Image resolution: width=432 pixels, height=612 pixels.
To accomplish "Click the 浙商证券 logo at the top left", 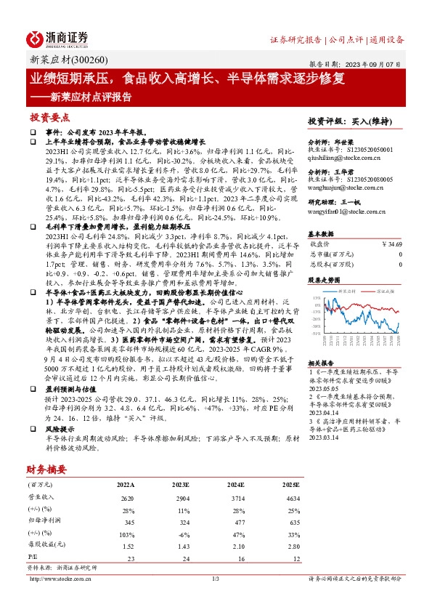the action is click(x=57, y=39).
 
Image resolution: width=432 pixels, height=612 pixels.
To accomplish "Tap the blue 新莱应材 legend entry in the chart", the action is click(x=350, y=290).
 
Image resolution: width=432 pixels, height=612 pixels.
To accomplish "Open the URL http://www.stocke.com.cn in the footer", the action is click(x=60, y=579).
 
